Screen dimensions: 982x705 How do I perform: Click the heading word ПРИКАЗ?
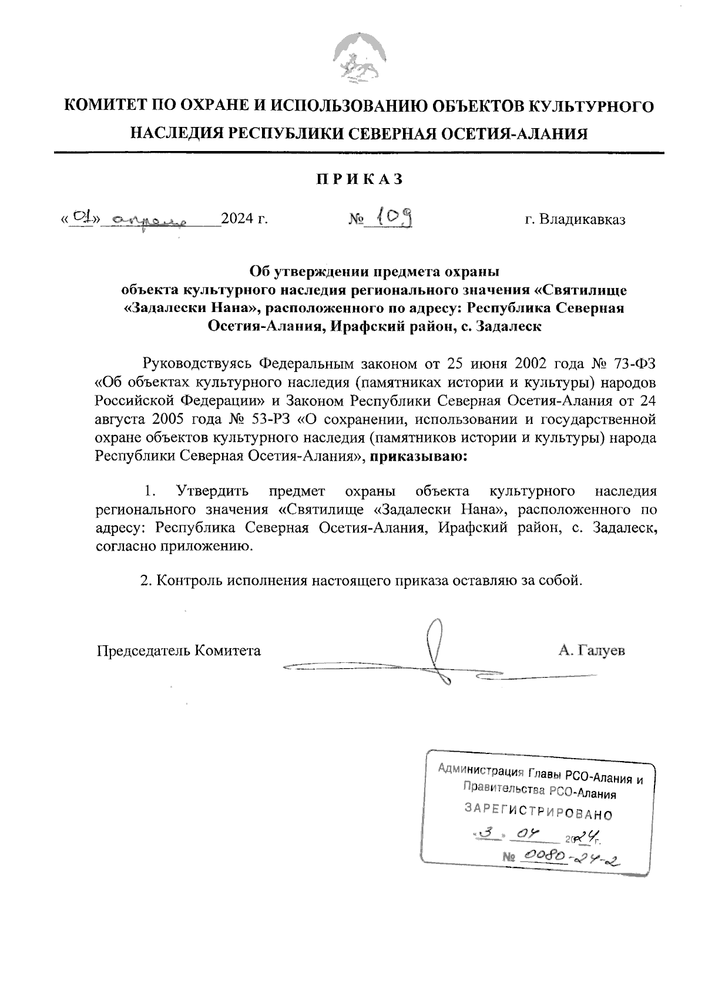tap(360, 179)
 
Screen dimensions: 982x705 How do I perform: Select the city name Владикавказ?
tap(583, 220)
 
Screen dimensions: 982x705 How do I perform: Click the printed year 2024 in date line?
tap(238, 220)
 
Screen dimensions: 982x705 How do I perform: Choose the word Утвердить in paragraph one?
tap(213, 491)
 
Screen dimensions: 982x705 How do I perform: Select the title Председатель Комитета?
tap(179, 651)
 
